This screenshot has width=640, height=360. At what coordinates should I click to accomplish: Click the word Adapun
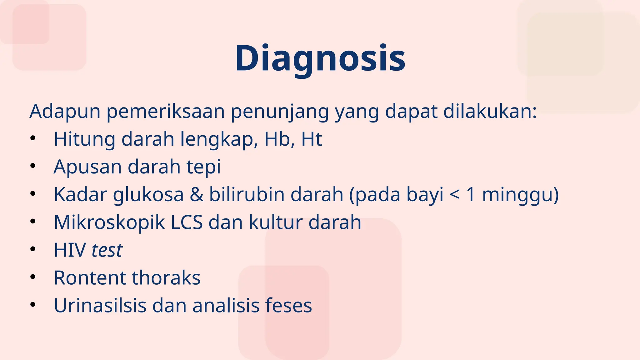pos(65,111)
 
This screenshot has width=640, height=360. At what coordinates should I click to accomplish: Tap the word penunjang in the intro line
pos(279,112)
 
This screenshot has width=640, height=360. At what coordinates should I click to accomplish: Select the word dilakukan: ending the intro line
pos(490,111)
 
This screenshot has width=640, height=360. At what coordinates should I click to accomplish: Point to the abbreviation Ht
pos(311,139)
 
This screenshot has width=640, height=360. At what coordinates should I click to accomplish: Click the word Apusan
pos(87,167)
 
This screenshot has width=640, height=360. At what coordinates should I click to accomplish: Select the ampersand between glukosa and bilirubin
pos(196,194)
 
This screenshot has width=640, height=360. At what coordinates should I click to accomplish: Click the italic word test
pos(107,250)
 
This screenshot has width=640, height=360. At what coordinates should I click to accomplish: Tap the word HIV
pos(70,250)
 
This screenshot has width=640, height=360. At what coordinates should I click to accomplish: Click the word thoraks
pos(166,278)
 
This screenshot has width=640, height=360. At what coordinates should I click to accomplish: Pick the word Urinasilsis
pos(100,306)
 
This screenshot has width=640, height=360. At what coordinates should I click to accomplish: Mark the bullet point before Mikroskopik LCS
pos(33,222)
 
